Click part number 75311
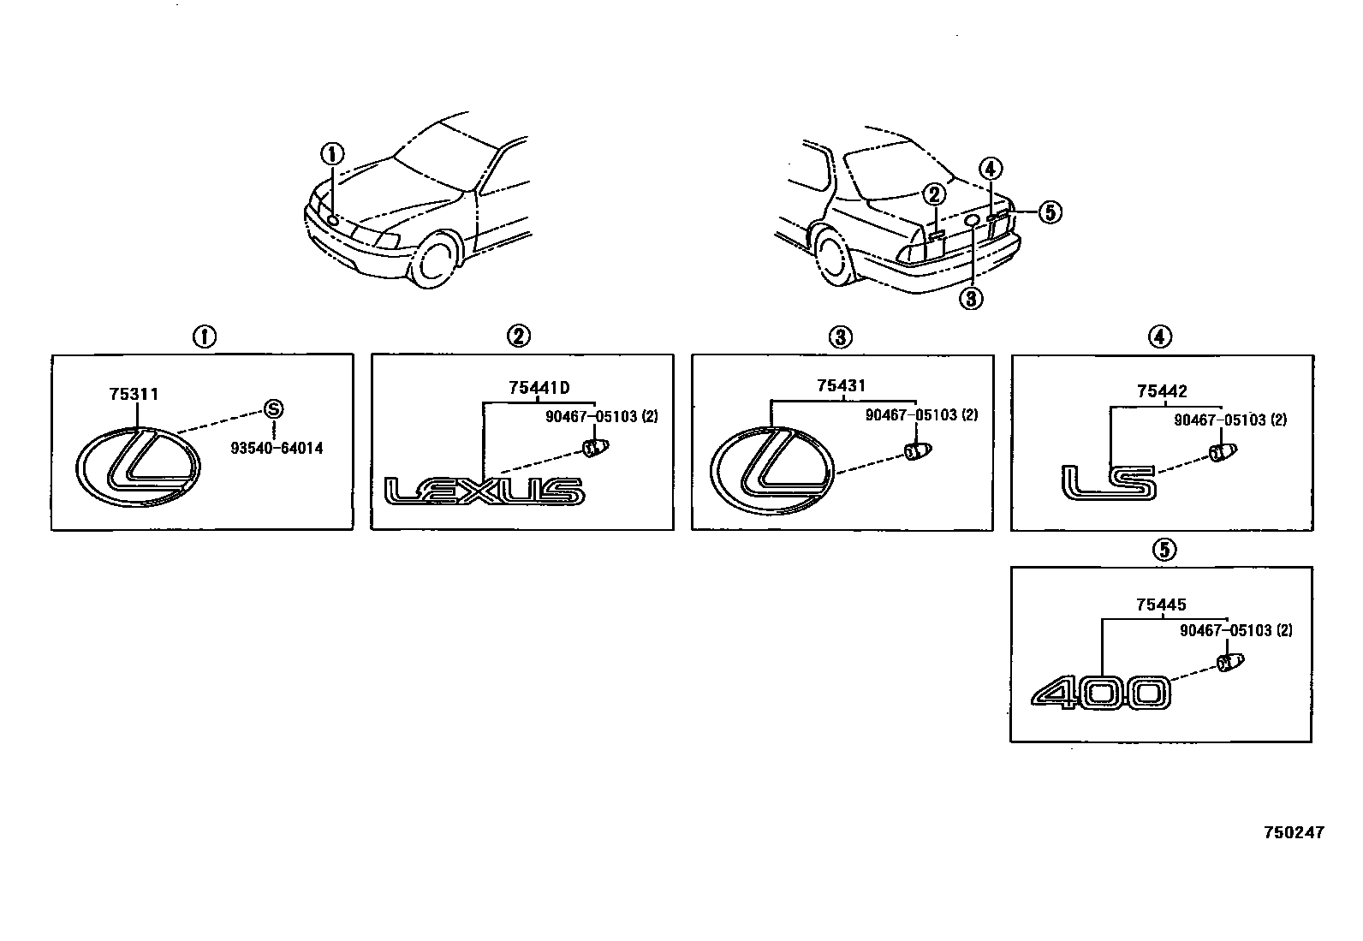[x=134, y=394]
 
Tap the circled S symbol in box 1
[x=273, y=408]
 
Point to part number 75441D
[x=539, y=387]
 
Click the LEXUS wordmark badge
[x=485, y=491]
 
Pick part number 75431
[x=842, y=387]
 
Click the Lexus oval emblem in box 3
[x=771, y=470]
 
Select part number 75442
[x=1162, y=391]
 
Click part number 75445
[x=1161, y=605]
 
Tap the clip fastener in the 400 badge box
[x=1229, y=662]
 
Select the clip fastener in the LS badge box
[x=1223, y=451]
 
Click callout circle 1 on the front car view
[x=332, y=155]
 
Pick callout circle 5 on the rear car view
[x=1050, y=211]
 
